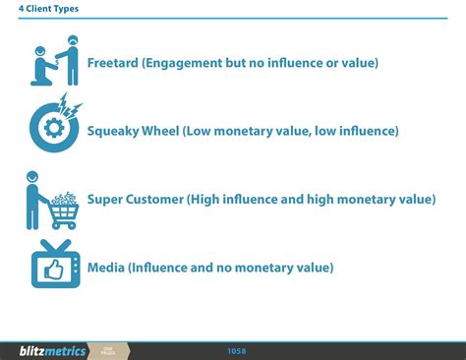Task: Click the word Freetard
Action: pos(112,63)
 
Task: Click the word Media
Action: pos(105,267)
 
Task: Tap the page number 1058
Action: pos(236,350)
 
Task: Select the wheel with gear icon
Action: pos(50,128)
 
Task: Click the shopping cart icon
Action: pos(62,205)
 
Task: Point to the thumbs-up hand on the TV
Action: pos(51,269)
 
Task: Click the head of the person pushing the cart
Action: pos(32,177)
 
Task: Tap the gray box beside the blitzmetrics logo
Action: pos(108,350)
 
